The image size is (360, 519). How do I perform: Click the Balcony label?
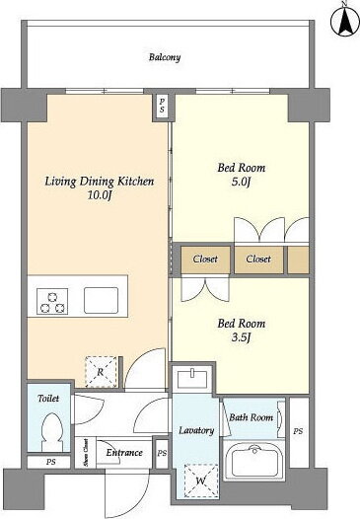click(x=165, y=57)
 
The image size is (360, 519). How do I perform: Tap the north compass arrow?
click(x=344, y=20)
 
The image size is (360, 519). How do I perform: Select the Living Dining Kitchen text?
click(x=100, y=181)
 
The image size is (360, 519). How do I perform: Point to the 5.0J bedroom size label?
click(x=241, y=182)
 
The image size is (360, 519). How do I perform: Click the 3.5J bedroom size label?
click(x=241, y=337)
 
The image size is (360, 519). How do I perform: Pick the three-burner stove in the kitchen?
click(x=52, y=301)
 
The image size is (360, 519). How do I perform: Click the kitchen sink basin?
click(x=101, y=300)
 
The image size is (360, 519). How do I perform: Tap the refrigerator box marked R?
click(x=101, y=372)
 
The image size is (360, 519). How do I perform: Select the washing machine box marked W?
click(x=201, y=481)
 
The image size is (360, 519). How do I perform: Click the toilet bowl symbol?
click(x=52, y=431)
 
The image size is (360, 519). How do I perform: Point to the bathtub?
click(x=254, y=461)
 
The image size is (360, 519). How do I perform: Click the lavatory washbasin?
click(x=192, y=378)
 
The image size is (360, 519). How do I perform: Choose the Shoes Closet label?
click(x=86, y=453)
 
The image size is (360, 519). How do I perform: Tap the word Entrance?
click(x=124, y=453)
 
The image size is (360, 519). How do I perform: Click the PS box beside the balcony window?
click(x=162, y=106)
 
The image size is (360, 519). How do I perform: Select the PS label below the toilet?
click(x=50, y=462)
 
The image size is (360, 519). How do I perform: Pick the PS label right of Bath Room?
click(x=298, y=431)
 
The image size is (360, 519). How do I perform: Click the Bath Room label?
click(x=252, y=417)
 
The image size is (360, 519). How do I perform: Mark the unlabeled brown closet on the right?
click(x=298, y=259)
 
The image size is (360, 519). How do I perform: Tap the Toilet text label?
click(x=48, y=399)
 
